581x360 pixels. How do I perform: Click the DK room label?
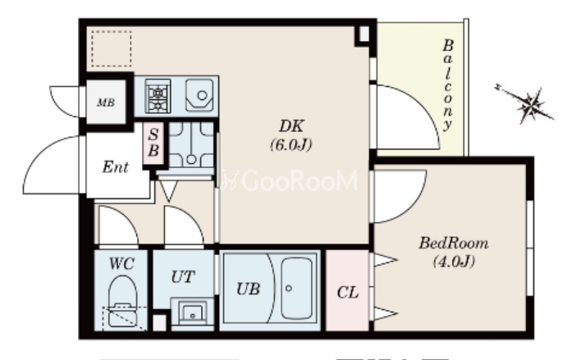(291, 126)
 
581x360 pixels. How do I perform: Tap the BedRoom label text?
(454, 244)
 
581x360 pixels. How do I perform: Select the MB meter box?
(106, 103)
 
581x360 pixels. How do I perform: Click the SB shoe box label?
(153, 143)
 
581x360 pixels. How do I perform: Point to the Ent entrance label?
(116, 167)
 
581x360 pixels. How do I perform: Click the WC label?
(121, 264)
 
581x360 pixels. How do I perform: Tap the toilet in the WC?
(122, 301)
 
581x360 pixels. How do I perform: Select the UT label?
(183, 276)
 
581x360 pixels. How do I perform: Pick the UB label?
(249, 289)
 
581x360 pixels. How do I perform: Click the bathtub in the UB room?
(296, 288)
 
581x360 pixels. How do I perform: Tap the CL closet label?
(348, 293)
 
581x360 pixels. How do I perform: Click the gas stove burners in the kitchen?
(158, 96)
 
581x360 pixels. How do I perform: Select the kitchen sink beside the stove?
(199, 95)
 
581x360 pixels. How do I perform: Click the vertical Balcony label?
(447, 84)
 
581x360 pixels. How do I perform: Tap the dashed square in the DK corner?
(112, 49)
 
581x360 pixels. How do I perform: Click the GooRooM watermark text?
(290, 180)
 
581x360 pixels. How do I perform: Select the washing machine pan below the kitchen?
(191, 144)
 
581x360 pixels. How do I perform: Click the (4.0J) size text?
(454, 262)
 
